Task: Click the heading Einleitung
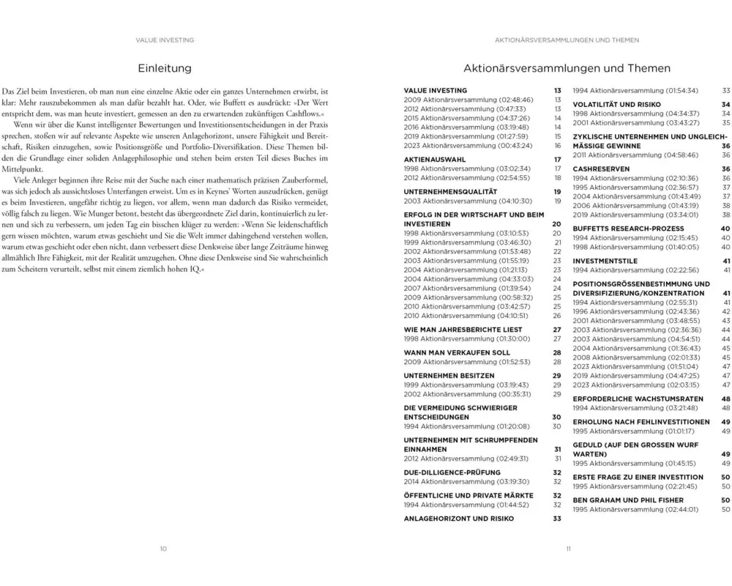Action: pos(165,68)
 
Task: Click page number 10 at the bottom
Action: pos(164,548)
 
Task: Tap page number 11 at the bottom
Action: pos(567,548)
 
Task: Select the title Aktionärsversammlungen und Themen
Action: pos(567,68)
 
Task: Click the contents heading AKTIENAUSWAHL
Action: pos(436,159)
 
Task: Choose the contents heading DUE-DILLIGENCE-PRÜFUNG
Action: pos(452,472)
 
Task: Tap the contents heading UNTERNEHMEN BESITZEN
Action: pos(449,375)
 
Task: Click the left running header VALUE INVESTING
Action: pos(165,40)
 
